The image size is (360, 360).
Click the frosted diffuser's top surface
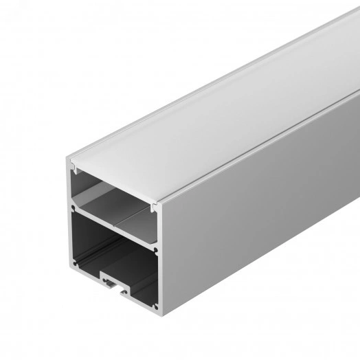[x=206, y=103]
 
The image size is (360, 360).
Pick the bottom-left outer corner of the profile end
[x=67, y=267]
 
